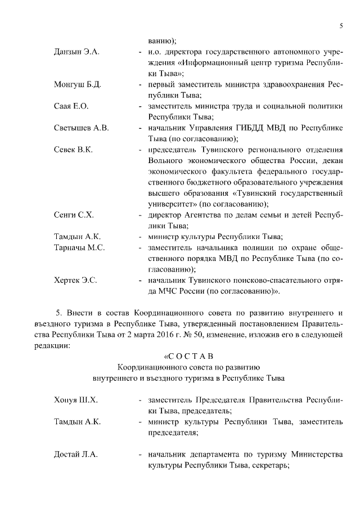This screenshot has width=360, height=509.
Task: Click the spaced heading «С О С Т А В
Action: (x=188, y=357)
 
